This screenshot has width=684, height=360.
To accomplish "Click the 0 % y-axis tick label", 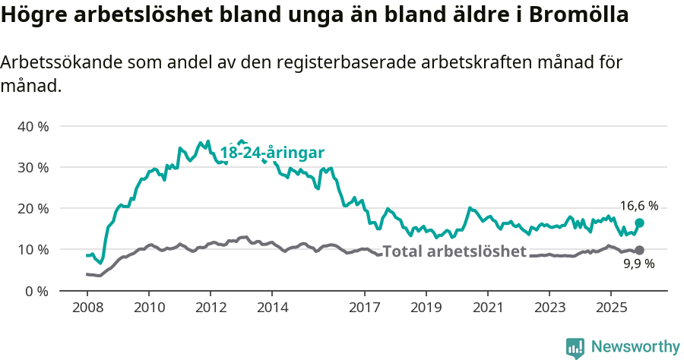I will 36,291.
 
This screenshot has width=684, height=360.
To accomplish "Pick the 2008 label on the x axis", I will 87,308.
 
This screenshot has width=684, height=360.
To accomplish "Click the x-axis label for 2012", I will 211,308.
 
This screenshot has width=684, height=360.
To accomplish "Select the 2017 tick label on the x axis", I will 364,308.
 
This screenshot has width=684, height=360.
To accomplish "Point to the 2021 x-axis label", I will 487,308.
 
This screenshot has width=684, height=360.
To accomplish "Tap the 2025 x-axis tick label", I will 610,308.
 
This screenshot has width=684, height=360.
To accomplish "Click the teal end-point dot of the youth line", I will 639,223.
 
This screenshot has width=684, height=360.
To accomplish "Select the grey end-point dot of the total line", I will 639,250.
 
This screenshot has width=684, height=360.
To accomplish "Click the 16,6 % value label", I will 639,206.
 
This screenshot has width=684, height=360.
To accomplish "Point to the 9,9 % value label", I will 639,264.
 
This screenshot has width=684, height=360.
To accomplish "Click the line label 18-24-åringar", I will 272,152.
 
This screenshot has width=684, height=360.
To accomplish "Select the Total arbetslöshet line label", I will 454,251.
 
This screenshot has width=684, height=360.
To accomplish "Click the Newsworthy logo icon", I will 575,348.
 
